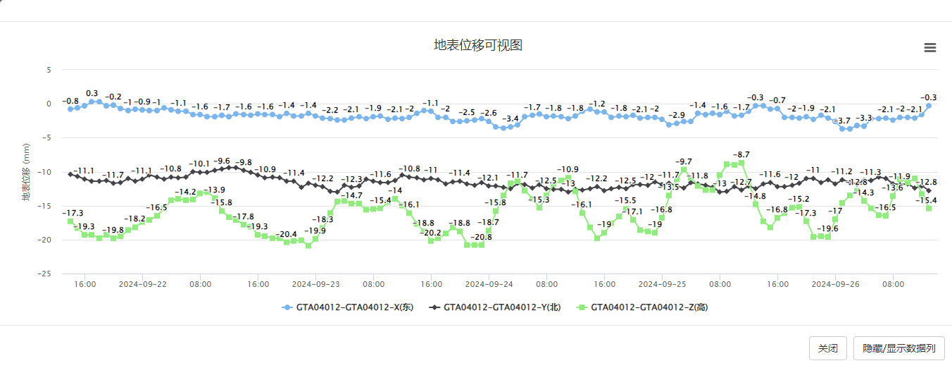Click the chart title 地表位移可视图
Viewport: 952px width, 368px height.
click(x=477, y=46)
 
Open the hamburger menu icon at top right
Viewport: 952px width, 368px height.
click(x=929, y=48)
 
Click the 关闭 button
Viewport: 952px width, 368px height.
click(x=827, y=348)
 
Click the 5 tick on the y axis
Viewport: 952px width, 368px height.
click(x=49, y=70)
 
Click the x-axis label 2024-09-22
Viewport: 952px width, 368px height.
click(x=143, y=284)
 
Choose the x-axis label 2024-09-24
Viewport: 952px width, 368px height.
click(x=489, y=284)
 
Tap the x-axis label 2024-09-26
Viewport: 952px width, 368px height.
click(x=835, y=284)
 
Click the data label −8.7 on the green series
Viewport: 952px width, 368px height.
click(x=741, y=154)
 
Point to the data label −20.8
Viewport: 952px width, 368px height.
click(x=482, y=237)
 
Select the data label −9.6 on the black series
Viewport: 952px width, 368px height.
click(x=222, y=161)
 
